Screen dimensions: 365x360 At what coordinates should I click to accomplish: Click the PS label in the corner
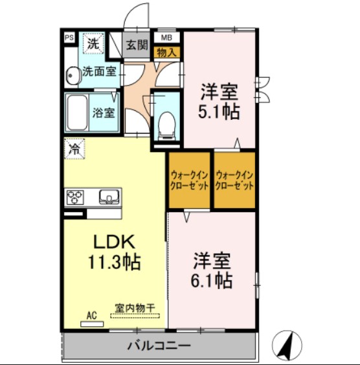[68, 38]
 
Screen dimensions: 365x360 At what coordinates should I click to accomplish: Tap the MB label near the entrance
[166, 38]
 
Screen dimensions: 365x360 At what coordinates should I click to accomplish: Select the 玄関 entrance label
[137, 45]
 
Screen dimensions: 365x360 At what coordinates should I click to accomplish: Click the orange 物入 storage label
[166, 52]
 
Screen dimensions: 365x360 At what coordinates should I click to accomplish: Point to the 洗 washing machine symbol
[94, 45]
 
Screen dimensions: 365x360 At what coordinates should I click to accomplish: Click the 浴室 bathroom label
[103, 113]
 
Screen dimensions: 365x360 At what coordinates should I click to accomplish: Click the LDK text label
[114, 242]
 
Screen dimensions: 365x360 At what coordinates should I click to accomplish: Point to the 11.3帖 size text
[114, 263]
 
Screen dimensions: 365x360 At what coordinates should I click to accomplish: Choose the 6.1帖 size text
[212, 281]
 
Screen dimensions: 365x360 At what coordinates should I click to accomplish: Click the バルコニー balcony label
[158, 344]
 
